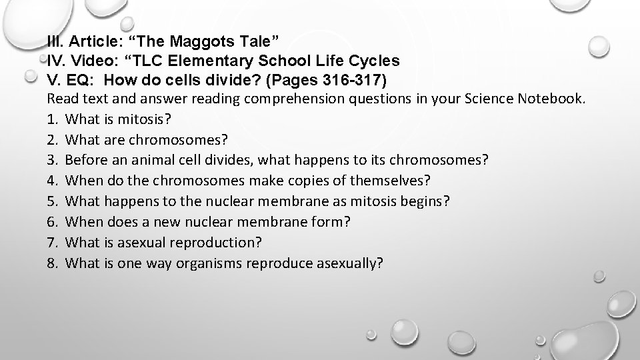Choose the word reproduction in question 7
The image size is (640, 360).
[x=215, y=241]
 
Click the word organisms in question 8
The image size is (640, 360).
[x=209, y=262]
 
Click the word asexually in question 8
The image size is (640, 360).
[x=350, y=262]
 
